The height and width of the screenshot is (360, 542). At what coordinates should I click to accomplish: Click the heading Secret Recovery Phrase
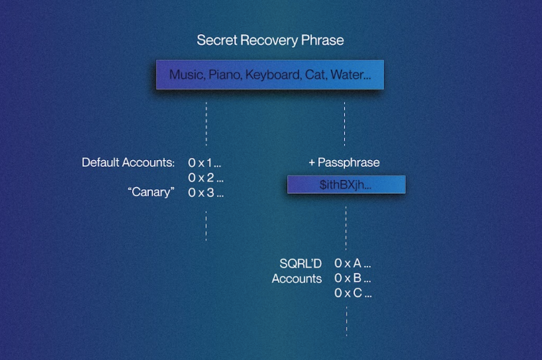pos(270,40)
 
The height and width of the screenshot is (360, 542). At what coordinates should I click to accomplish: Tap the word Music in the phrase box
pos(186,75)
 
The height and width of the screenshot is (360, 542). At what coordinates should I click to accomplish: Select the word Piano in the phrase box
pos(224,75)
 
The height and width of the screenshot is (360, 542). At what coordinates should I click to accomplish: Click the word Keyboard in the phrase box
pos(272,75)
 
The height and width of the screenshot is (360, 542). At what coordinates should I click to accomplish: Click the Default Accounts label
pos(128,163)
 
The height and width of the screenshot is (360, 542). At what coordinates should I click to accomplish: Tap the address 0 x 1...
pos(205,163)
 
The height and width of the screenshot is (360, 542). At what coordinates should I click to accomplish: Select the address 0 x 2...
pos(206,178)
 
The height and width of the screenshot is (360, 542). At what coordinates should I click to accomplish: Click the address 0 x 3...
pos(206,192)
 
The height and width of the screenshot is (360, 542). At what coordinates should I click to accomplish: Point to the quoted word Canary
pos(151,192)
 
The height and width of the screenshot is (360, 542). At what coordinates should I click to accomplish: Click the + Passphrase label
pos(344,163)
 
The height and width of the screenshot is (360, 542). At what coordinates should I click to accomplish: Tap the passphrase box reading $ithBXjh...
pos(346,184)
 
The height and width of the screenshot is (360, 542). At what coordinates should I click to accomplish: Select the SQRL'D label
pos(301,263)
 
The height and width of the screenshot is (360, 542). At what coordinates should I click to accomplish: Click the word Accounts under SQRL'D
pos(297,278)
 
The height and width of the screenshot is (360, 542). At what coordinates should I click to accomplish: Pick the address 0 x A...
pos(353,263)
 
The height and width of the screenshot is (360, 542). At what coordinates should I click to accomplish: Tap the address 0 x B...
pos(353,278)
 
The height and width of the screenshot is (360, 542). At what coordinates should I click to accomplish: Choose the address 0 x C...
pos(353,293)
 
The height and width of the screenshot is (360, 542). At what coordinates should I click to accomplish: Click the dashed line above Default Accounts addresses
pos(206,124)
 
